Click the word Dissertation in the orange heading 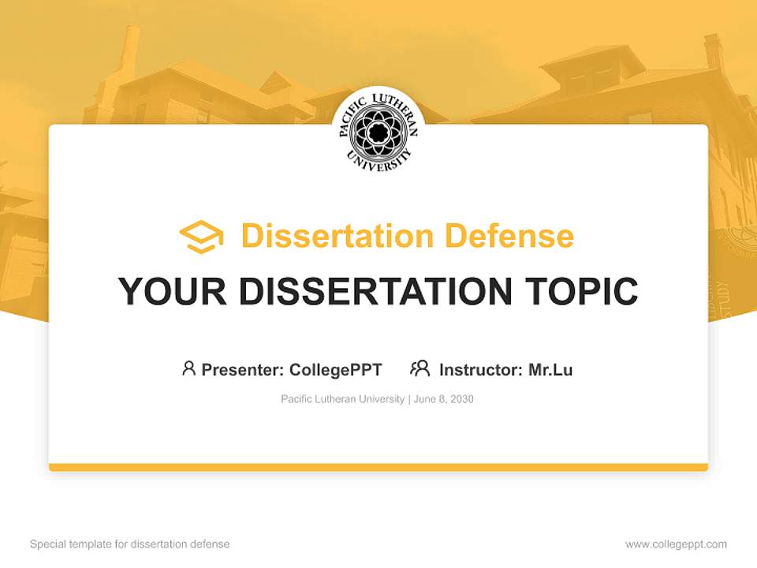pyautogui.click(x=337, y=236)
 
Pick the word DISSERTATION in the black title pyautogui.click(x=375, y=291)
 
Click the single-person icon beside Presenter pyautogui.click(x=188, y=368)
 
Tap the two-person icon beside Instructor pyautogui.click(x=420, y=368)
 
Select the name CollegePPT pyautogui.click(x=336, y=369)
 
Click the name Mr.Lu pyautogui.click(x=550, y=369)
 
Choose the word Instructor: pyautogui.click(x=481, y=369)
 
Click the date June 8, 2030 pyautogui.click(x=444, y=399)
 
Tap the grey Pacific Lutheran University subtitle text pyautogui.click(x=342, y=399)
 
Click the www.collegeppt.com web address pyautogui.click(x=676, y=544)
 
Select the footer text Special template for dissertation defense pyautogui.click(x=129, y=544)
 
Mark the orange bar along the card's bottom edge pyautogui.click(x=378, y=467)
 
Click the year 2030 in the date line pyautogui.click(x=462, y=399)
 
